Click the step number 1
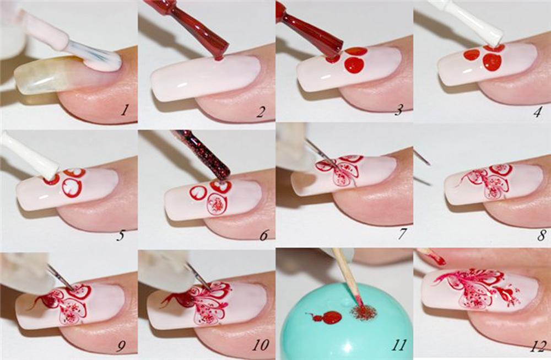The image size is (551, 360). pyautogui.click(x=124, y=111)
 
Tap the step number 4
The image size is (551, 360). pyautogui.click(x=537, y=112)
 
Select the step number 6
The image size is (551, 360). pyautogui.click(x=264, y=235)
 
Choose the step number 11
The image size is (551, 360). pyautogui.click(x=399, y=345)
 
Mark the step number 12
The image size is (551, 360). pyautogui.click(x=538, y=347)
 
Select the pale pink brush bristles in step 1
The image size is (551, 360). pyautogui.click(x=94, y=56)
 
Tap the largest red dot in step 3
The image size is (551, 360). pyautogui.click(x=354, y=65)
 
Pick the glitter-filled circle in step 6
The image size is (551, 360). pyautogui.click(x=217, y=205)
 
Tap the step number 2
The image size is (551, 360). pyautogui.click(x=261, y=111)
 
